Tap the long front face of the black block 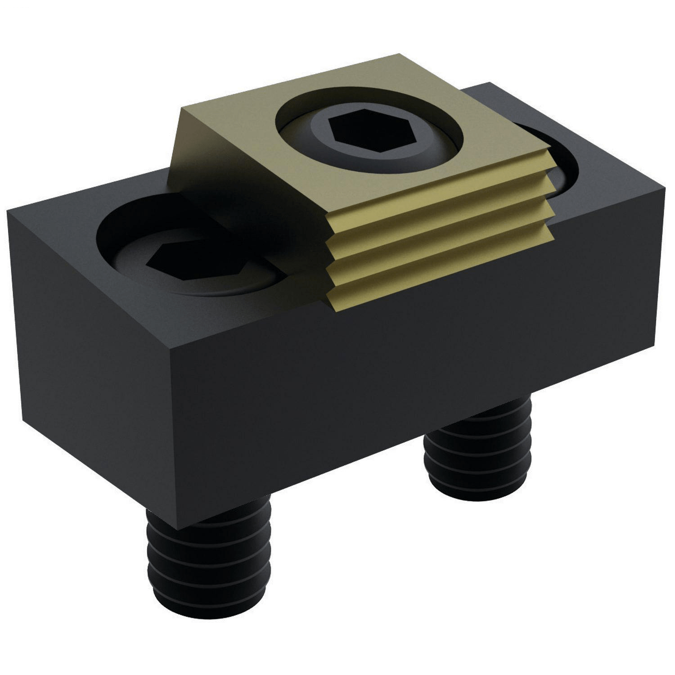[x=405, y=382]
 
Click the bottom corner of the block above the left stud [x=178, y=529]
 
